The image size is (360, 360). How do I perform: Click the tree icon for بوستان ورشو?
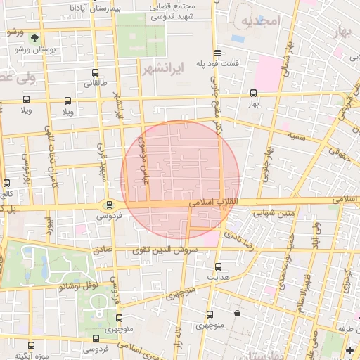click(35, 38)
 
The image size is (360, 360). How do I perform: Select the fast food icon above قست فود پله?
click(217, 53)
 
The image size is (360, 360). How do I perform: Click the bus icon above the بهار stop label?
click(253, 93)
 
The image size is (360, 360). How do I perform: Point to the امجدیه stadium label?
click(261, 21)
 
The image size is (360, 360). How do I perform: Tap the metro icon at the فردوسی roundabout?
click(108, 205)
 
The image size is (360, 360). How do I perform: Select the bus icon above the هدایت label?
click(218, 266)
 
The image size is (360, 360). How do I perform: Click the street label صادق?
click(103, 249)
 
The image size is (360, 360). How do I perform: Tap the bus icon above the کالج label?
click(6, 182)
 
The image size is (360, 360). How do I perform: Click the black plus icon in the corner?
click(350, 349)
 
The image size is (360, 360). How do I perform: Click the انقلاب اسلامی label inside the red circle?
click(213, 202)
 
